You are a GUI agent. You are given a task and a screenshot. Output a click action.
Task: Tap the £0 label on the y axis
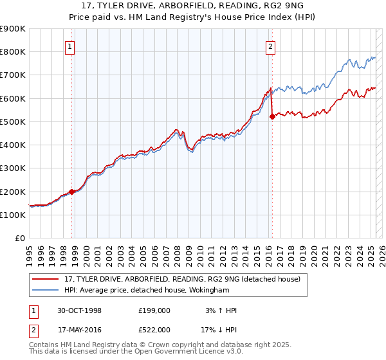click(21, 238)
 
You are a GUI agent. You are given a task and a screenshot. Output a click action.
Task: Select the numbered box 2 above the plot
click(271, 46)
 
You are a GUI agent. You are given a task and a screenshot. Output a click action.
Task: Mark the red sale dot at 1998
click(72, 192)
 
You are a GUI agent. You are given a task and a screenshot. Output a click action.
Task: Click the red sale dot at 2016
click(272, 116)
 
